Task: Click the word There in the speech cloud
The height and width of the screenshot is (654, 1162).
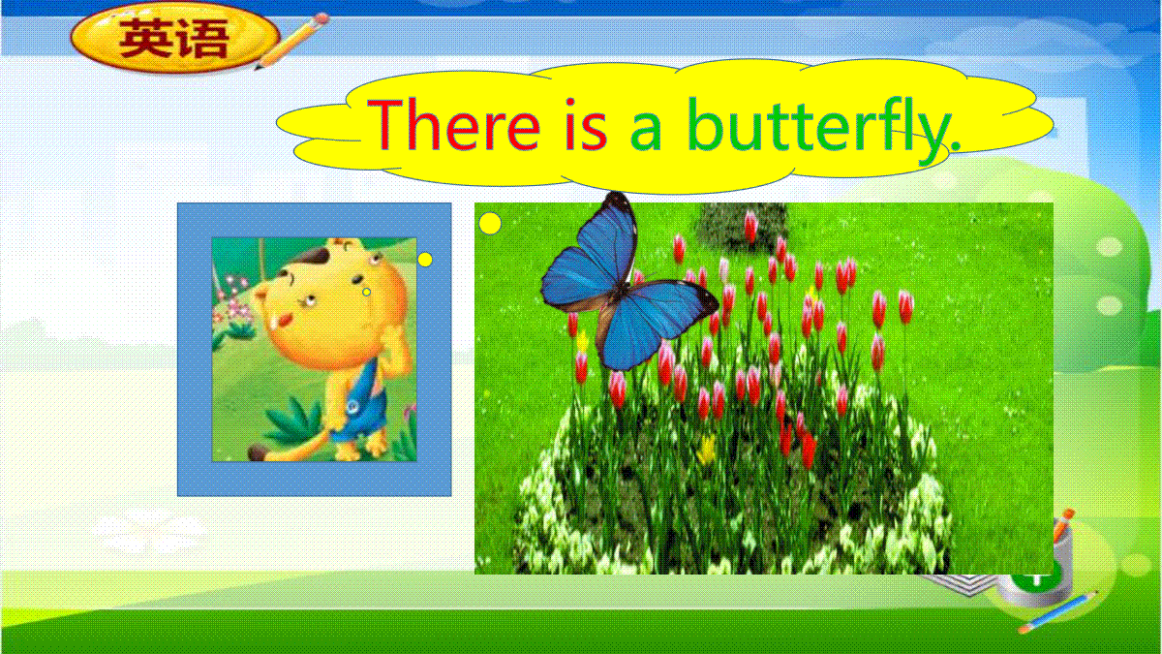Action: pos(454,125)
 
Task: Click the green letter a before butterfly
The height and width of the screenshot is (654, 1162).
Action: pos(647,133)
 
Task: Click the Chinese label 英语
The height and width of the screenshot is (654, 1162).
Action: pos(174,39)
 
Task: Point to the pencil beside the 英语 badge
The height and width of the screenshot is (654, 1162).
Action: pos(291,41)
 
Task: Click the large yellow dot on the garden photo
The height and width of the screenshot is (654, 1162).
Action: pos(490,223)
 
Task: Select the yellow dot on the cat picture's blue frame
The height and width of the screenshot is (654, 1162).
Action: pos(425,260)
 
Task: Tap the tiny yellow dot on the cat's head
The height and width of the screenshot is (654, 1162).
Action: pos(367,293)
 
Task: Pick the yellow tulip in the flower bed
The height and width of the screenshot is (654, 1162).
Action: pos(707,450)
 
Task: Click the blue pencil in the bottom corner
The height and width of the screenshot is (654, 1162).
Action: pos(1058,612)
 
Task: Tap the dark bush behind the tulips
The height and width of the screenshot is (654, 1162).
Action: pos(741,224)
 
